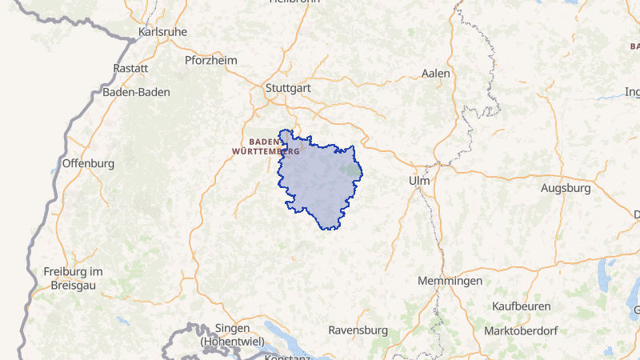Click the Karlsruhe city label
click(162, 32)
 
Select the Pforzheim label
click(211, 60)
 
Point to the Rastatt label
click(131, 69)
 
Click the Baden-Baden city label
click(136, 92)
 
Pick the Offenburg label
click(88, 163)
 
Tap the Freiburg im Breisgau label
click(74, 278)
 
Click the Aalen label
click(436, 73)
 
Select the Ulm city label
click(419, 181)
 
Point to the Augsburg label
click(566, 189)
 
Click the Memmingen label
click(450, 281)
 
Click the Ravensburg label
click(358, 330)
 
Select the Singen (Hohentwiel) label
click(234, 334)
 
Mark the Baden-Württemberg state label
click(266, 145)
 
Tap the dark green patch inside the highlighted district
click(349, 169)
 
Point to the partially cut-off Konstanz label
click(286, 357)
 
